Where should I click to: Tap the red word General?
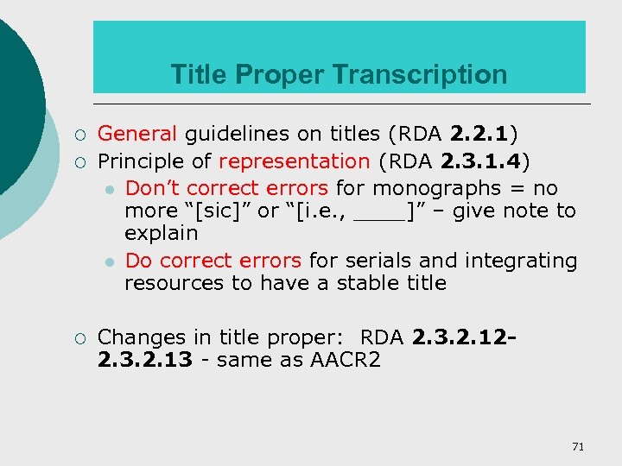point(137,134)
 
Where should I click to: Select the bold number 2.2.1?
point(479,134)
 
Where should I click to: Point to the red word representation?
point(294,161)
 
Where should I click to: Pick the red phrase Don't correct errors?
point(226,188)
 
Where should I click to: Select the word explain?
point(162,234)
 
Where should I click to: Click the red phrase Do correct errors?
point(213,261)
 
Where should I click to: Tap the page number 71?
point(578,446)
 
